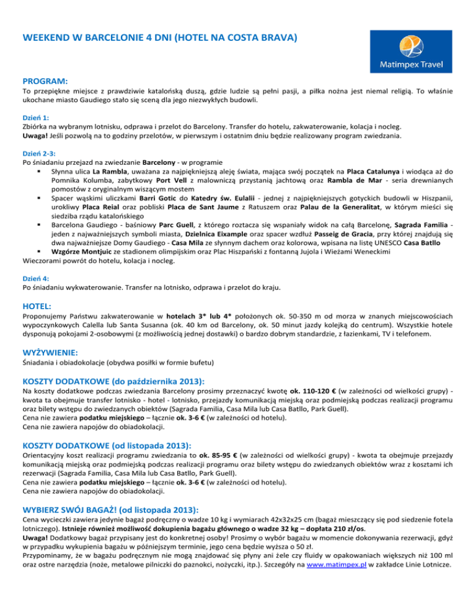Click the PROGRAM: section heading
click(x=45, y=81)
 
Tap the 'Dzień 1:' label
click(x=35, y=115)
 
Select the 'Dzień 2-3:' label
click(x=38, y=151)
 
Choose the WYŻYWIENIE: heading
click(x=53, y=352)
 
